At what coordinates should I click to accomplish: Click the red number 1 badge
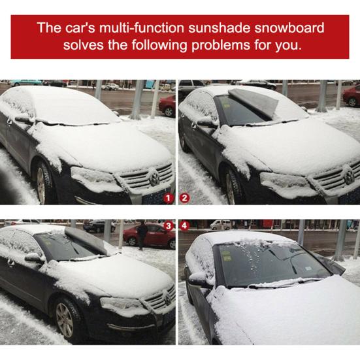point(169,196)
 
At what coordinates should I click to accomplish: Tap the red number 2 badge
point(185,196)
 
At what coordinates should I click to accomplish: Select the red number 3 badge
point(169,225)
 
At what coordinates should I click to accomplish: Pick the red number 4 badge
point(185,225)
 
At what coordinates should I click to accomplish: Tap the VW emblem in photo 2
point(348,176)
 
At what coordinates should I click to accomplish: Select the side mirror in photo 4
point(197,279)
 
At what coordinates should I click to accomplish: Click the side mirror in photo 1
point(24,119)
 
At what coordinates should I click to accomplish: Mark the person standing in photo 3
point(142,235)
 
